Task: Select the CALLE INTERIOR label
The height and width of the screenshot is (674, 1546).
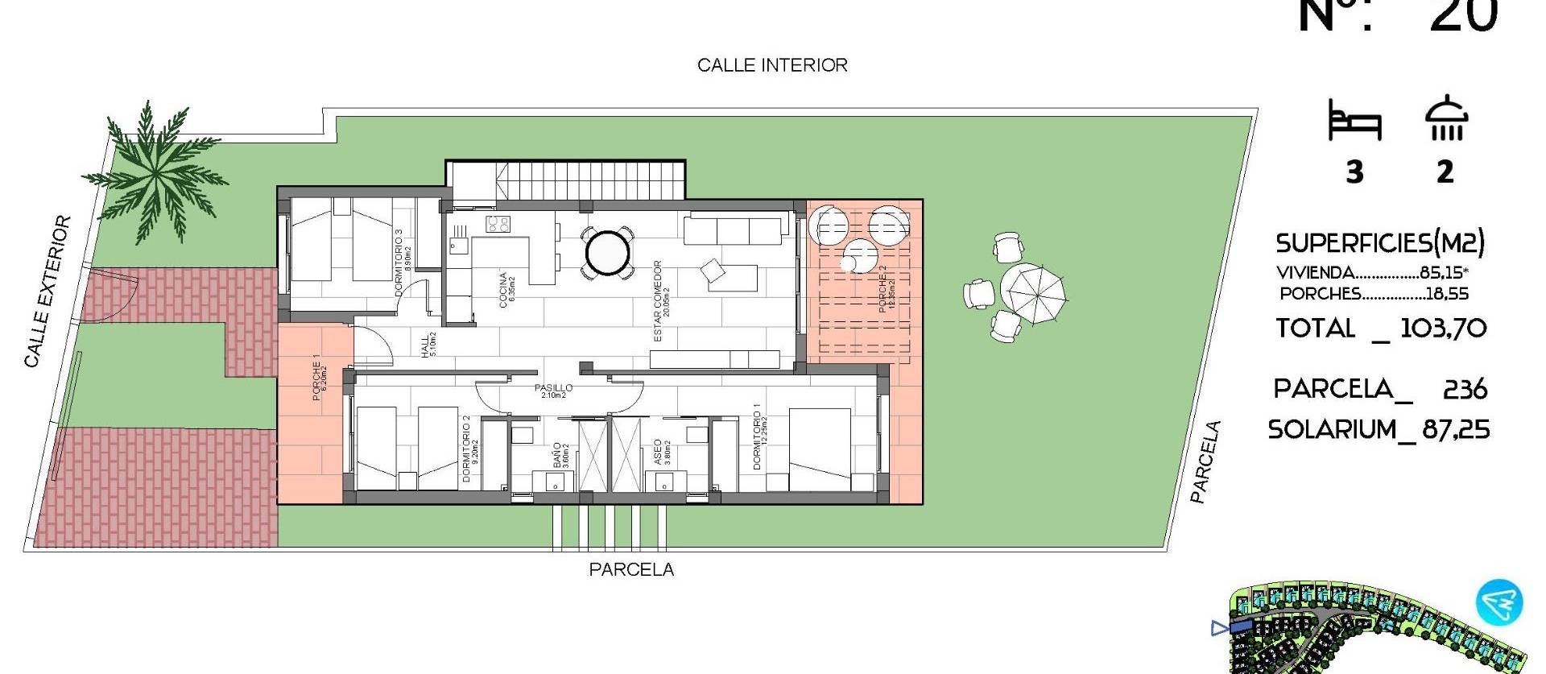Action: point(772,65)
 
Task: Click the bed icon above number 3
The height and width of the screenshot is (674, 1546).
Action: point(1354,122)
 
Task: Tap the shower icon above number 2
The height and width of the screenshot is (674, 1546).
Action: point(1446,119)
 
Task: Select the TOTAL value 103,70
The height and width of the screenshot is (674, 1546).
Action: point(1443,329)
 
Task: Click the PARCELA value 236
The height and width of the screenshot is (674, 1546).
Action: point(1465,390)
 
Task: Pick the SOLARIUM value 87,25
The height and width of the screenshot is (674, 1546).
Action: point(1456,430)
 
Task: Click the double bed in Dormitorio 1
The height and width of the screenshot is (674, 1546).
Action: point(820,449)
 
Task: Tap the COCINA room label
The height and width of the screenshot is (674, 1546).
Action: point(503,290)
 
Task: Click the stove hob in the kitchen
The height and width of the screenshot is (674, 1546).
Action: point(497,224)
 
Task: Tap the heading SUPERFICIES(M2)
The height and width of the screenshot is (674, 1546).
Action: point(1380,242)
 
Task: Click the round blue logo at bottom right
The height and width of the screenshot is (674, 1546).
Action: point(1499,603)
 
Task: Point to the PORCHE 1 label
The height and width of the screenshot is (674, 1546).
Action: point(316,378)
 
